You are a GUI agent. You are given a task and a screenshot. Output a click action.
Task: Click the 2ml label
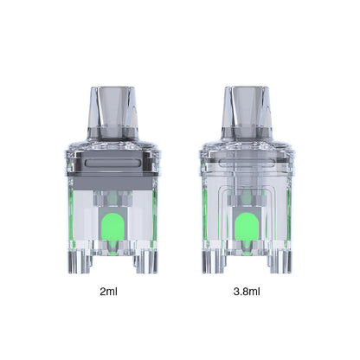pyautogui.click(x=108, y=292)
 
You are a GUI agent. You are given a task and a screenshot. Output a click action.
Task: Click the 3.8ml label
pyautogui.click(x=247, y=292)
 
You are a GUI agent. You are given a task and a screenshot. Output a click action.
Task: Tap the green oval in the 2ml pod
pyautogui.click(x=112, y=227)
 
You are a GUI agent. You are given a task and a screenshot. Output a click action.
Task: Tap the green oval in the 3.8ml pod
pyautogui.click(x=247, y=227)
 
